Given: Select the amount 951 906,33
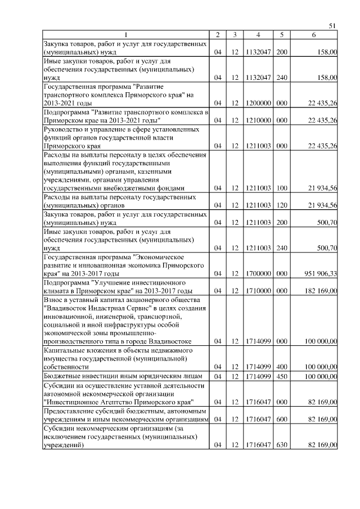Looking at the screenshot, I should point(318,273).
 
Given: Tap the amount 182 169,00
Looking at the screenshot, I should point(318,291).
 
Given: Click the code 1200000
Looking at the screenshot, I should point(259,103).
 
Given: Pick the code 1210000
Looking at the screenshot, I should point(259,120).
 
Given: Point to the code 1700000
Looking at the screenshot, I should point(259,273).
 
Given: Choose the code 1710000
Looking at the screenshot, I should point(259,291).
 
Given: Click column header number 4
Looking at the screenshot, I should point(259,35).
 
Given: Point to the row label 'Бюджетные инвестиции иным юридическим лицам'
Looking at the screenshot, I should point(127,376).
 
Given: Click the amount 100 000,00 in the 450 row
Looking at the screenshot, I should point(318,376).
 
